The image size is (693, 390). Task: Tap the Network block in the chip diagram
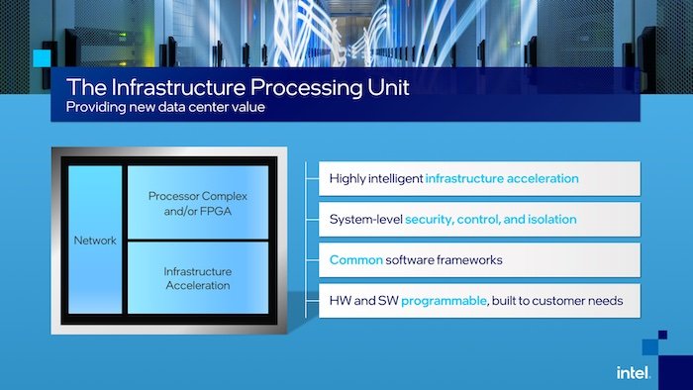pyautogui.click(x=96, y=241)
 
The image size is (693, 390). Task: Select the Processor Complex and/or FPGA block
pyautogui.click(x=198, y=203)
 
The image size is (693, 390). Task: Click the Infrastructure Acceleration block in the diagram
pyautogui.click(x=198, y=278)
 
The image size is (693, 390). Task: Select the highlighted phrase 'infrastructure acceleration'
pyautogui.click(x=502, y=179)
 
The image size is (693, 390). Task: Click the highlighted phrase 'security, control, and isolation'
pyautogui.click(x=490, y=219)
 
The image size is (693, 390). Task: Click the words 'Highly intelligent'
pyautogui.click(x=376, y=179)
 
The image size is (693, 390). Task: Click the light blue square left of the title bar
pyautogui.click(x=41, y=58)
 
